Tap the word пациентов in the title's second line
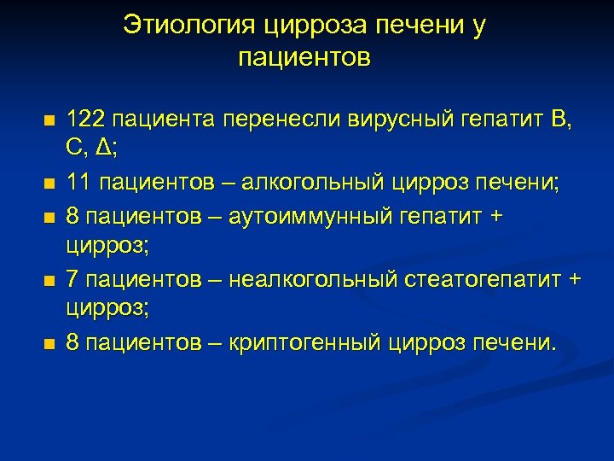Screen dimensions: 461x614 pos(304,58)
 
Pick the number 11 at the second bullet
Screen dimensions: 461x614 pos(78,182)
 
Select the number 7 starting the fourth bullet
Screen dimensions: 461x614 pos(72,279)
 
